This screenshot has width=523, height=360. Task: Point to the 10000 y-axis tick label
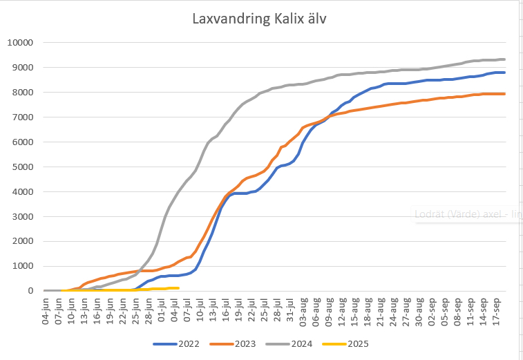tap(20, 43)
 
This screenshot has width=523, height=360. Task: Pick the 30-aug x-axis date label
tap(419, 310)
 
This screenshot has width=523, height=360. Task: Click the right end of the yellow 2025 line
tap(178, 288)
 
